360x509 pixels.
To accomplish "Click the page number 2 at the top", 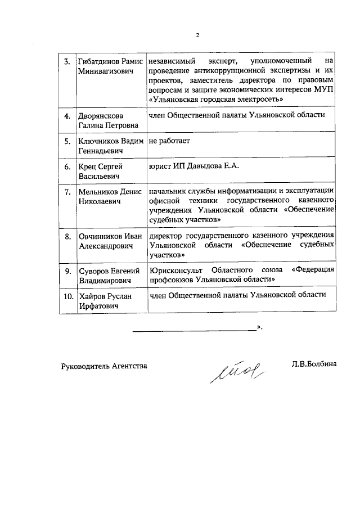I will click(197, 35).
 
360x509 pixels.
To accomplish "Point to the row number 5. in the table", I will click(67, 141).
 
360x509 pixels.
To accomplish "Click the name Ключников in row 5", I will click(96, 141).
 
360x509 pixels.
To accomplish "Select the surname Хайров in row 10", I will click(90, 296).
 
